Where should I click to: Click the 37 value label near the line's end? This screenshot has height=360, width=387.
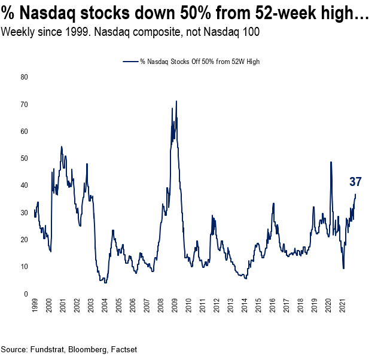(355, 182)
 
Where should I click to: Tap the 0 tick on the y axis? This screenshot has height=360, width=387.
(25, 294)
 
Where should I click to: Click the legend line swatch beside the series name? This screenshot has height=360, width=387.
(130, 62)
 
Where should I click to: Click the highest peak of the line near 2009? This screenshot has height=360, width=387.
(176, 101)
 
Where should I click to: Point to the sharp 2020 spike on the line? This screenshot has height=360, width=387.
(331, 162)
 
